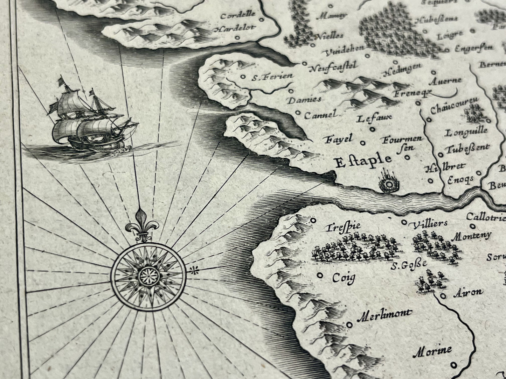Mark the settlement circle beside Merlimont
pyautogui.click(x=349, y=325)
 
